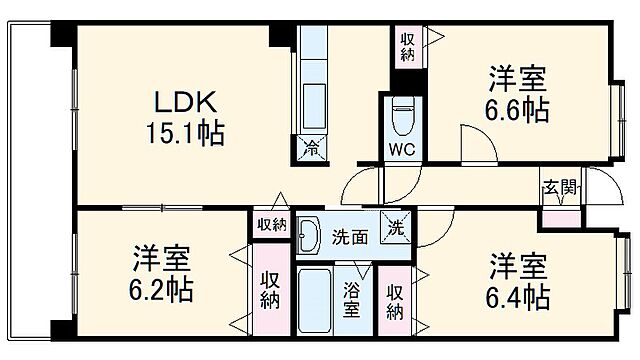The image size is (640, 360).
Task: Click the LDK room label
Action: coord(185,102)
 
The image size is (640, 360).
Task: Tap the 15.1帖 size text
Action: coord(187,131)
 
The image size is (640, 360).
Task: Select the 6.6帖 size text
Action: coord(518,109)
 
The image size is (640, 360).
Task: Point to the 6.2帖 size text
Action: coord(160,291)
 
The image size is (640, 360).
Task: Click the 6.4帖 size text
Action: coord(518,296)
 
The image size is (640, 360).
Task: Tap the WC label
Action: coord(403,151)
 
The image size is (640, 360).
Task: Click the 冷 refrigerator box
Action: coord(311,151)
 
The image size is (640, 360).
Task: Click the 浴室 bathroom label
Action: coord(352,299)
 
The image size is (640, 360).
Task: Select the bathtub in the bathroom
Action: coord(314,298)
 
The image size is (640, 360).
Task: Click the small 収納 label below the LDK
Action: coord(270,225)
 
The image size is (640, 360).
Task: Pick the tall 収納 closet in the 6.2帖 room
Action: coord(270,292)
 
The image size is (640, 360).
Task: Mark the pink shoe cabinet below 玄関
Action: coord(560,217)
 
